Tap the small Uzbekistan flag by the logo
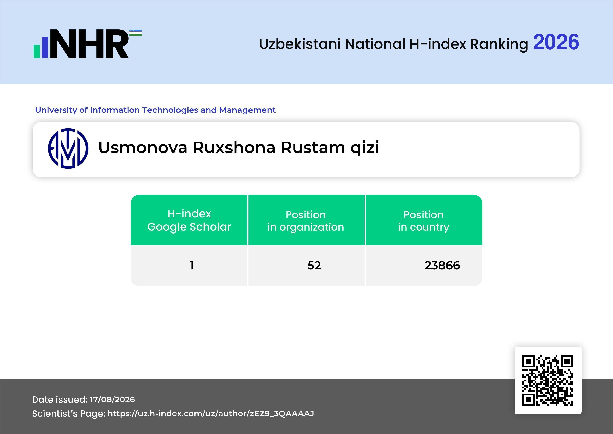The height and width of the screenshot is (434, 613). coord(136,33)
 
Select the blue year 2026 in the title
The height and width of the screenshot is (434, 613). coord(556,42)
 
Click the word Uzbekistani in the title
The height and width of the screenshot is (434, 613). coord(300,44)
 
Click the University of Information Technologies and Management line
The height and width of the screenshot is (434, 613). coord(155,110)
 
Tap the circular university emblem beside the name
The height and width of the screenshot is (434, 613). coord(68,149)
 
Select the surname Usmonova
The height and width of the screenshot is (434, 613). coord(143,147)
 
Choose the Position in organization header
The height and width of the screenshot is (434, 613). coord(306,221)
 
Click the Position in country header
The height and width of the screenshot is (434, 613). coord(423,221)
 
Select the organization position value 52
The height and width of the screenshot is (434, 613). coord(314,265)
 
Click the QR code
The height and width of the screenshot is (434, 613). coord(548,380)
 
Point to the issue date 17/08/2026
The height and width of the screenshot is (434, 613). coord(112,400)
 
